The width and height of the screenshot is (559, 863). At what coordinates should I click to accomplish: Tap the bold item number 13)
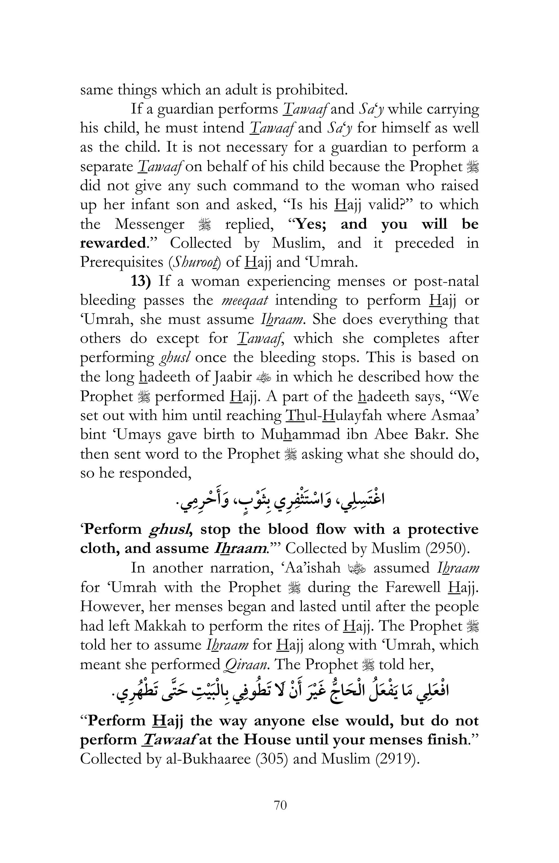[x=140, y=281]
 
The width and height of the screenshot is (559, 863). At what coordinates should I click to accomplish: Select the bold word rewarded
[x=113, y=243]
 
